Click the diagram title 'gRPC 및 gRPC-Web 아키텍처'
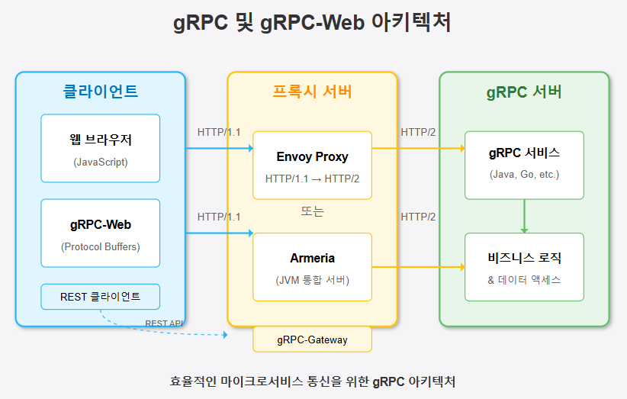coord(313,23)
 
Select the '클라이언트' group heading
coord(100,92)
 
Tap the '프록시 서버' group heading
coord(312,92)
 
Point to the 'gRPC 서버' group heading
coord(524,92)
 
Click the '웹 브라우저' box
coord(100,148)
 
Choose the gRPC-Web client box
coord(100,233)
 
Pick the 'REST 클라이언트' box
coord(100,297)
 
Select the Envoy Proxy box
coord(312,165)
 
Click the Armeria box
coord(312,266)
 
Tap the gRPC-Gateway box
coord(312,339)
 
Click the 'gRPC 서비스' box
coord(524,165)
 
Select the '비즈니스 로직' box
coord(524,266)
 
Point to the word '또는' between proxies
coord(312,212)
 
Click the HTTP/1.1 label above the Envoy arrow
coord(219,132)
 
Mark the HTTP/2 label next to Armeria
coord(418,217)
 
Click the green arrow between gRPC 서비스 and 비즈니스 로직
coord(524,216)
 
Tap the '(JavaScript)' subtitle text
coord(100,162)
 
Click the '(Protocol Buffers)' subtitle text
coord(100,246)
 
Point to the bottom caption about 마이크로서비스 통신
coord(313,381)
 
